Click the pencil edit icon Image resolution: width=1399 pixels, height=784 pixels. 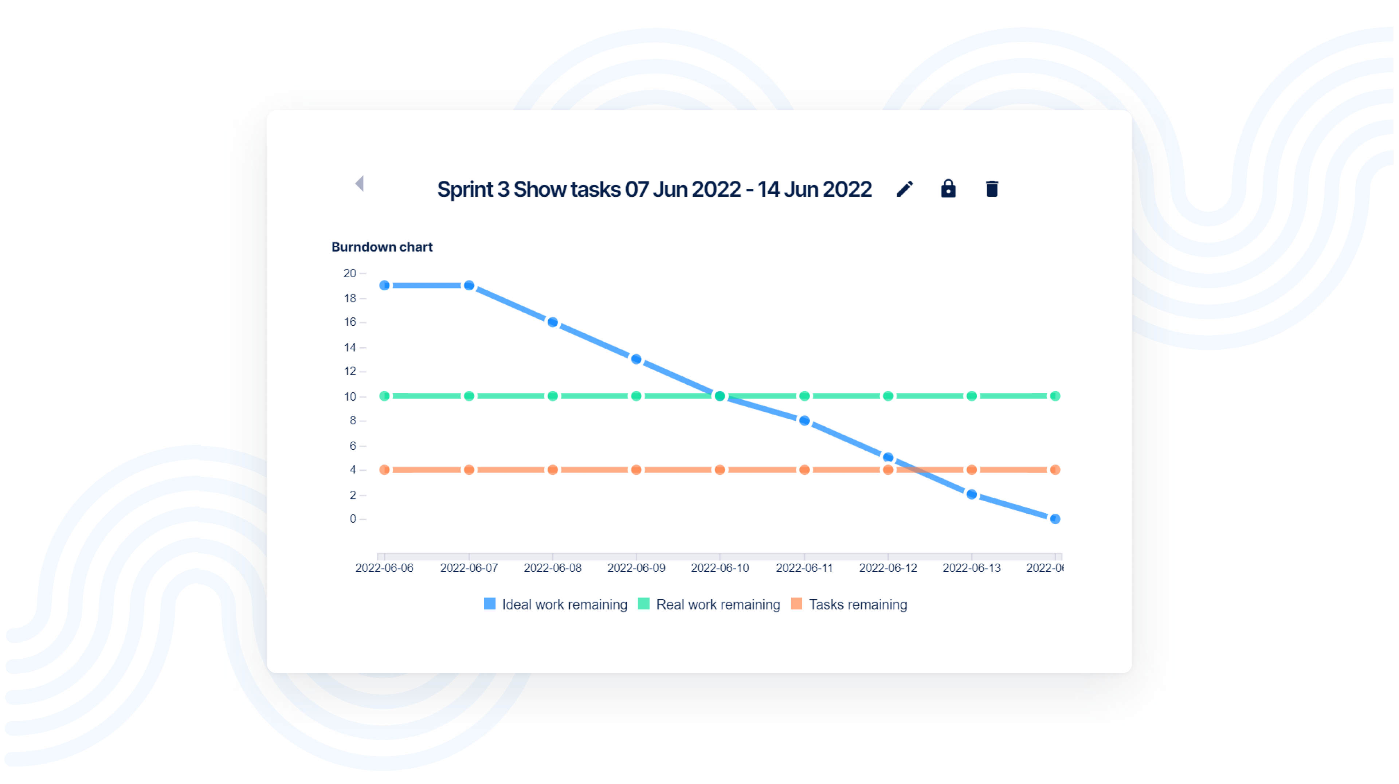coord(904,189)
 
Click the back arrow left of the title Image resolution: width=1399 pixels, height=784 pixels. coord(360,184)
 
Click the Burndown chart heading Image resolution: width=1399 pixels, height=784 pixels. coord(382,247)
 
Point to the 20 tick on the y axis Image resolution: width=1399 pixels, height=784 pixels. coord(350,273)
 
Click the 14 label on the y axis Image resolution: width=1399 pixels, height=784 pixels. coord(350,348)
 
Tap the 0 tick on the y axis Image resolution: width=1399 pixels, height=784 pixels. coord(353,519)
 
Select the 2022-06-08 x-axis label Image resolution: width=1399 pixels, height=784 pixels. coord(552,568)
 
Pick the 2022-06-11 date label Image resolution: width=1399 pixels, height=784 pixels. coord(804,568)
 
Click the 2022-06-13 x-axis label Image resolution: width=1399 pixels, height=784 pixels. coord(971,568)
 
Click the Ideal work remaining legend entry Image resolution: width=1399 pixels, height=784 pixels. coord(564,604)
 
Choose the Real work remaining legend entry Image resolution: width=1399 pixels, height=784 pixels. coord(717,604)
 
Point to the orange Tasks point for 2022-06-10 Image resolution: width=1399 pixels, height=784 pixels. coord(720,470)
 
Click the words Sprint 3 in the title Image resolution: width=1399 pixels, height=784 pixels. coord(473,189)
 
